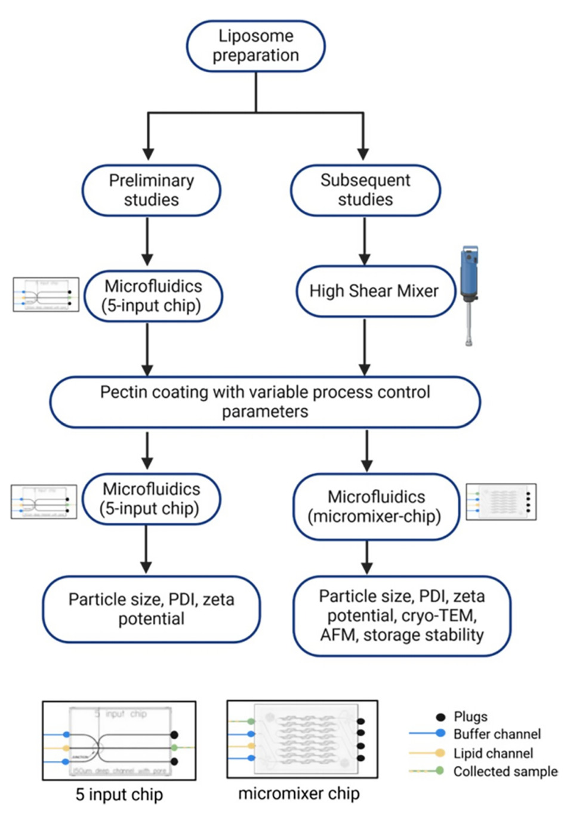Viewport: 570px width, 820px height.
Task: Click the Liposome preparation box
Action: [255, 46]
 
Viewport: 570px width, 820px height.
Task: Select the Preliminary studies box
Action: [151, 190]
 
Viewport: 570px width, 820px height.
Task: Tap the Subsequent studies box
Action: [365, 190]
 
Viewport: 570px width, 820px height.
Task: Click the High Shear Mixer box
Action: [374, 291]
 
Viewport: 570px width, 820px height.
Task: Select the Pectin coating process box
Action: [265, 401]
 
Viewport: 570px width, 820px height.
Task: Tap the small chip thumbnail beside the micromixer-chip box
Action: [501, 502]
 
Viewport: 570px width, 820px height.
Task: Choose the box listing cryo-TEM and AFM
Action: [402, 615]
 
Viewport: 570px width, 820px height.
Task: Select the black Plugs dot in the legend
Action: [440, 717]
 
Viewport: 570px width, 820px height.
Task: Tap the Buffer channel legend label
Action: [497, 734]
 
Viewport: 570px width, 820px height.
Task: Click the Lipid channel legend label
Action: [493, 753]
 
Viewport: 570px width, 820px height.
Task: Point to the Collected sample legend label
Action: [505, 772]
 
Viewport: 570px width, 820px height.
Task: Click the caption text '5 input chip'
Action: [119, 795]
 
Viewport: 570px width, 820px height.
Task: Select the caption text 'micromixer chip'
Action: [298, 794]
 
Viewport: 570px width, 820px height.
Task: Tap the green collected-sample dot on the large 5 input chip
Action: [174, 747]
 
